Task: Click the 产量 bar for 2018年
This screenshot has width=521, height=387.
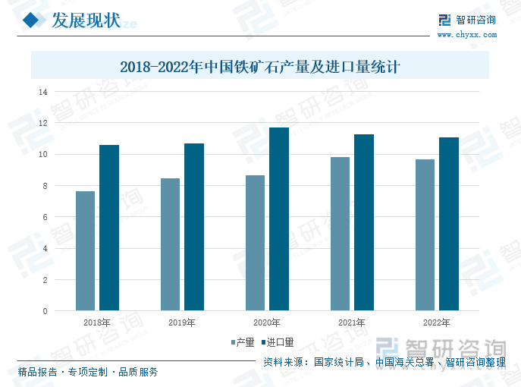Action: click(x=86, y=250)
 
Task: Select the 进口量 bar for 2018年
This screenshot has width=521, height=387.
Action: click(x=109, y=228)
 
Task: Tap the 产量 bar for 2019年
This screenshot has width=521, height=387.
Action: click(x=171, y=244)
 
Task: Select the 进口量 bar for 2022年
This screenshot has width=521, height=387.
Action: click(x=449, y=224)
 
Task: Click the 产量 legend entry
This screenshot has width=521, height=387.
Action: click(x=241, y=343)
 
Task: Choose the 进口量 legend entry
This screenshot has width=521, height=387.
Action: click(x=276, y=343)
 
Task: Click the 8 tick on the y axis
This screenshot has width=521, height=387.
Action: click(x=45, y=186)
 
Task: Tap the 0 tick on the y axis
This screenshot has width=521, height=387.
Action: click(x=45, y=311)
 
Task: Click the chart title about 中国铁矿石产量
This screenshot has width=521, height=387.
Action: click(x=260, y=67)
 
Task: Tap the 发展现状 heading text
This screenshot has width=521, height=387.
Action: click(x=85, y=20)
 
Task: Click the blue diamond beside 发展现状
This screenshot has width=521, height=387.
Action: click(x=31, y=20)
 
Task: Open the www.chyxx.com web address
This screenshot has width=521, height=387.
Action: click(x=466, y=34)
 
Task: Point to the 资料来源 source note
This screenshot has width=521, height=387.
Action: click(x=384, y=362)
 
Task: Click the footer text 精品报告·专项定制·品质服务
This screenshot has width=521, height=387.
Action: click(x=88, y=372)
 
